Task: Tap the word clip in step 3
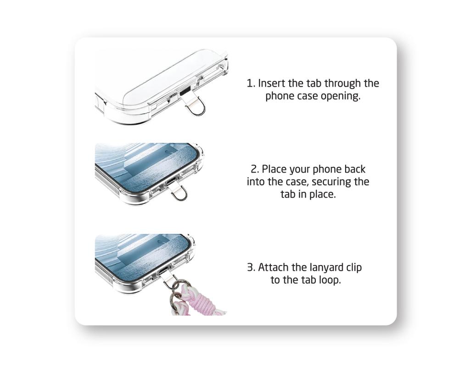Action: click(x=354, y=267)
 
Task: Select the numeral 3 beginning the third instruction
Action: click(x=251, y=267)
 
